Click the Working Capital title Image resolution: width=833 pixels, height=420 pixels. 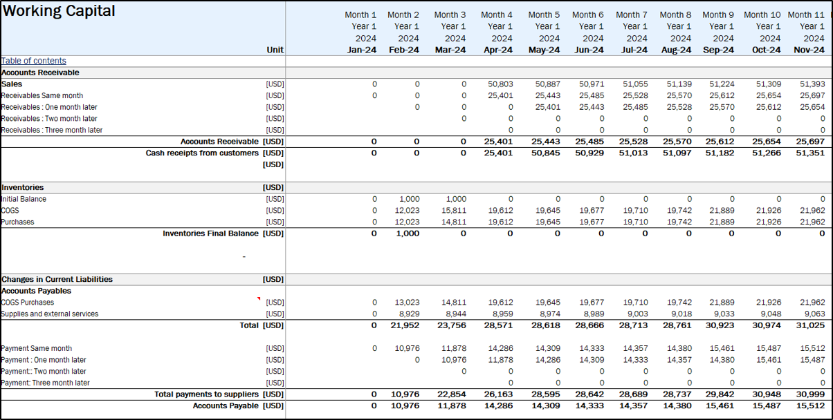(59, 12)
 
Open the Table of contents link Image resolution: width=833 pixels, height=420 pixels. (34, 61)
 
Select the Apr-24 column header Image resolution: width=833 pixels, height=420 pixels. (498, 50)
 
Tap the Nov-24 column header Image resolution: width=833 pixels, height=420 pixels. (810, 50)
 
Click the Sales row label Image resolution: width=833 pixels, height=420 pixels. (12, 84)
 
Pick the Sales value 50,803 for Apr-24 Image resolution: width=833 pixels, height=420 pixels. (500, 84)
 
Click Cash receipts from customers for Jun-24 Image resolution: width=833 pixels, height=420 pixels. (589, 153)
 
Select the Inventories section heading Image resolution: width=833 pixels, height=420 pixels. (23, 187)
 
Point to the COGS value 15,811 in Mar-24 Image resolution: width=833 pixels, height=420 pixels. (454, 210)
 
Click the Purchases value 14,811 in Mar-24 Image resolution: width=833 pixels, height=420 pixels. (454, 222)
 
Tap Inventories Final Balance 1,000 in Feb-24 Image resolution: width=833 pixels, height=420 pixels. (407, 233)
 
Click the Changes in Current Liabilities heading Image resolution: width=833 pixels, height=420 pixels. (57, 279)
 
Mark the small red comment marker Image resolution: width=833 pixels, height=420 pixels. (259, 298)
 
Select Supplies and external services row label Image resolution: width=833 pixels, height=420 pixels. (50, 314)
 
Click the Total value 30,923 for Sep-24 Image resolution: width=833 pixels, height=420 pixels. (718, 325)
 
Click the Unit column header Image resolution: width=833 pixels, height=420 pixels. (275, 50)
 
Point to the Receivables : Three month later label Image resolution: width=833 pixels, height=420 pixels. (52, 130)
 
